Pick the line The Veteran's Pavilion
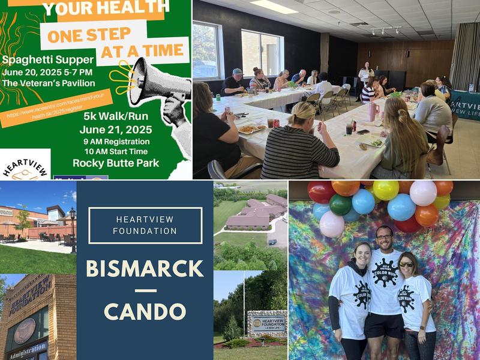tap(49, 83)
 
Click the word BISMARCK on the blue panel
tap(145, 267)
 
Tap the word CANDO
tap(145, 311)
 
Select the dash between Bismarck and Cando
tap(145, 290)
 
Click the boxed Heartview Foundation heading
tap(145, 225)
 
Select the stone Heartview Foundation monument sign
tap(266, 325)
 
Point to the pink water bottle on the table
tap(373, 111)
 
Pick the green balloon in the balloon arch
tap(340, 205)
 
